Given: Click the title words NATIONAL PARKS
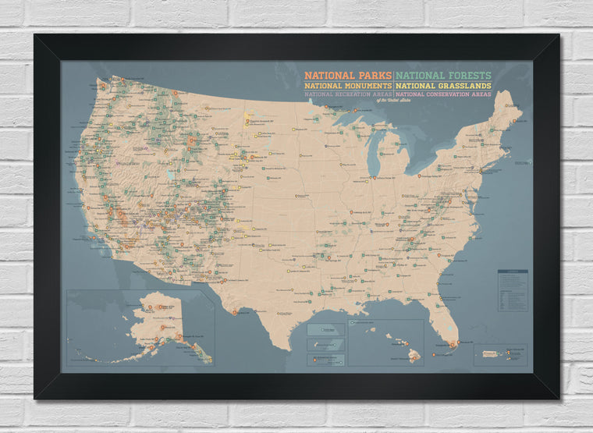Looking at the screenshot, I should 348,75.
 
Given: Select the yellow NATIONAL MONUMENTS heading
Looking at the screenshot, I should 348,85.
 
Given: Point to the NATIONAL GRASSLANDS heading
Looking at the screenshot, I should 442,85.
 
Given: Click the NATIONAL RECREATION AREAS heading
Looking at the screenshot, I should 349,94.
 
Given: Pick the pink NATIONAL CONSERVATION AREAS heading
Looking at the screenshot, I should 443,94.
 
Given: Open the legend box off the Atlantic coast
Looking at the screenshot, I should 513,290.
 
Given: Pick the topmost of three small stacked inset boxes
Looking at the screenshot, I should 325,330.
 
